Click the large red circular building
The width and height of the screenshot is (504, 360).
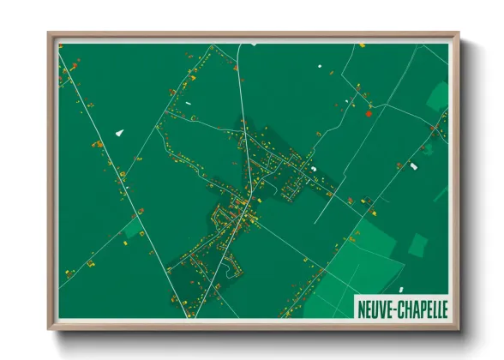pyautogui.click(x=369, y=112)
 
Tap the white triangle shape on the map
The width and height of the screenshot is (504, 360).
pyautogui.click(x=119, y=133)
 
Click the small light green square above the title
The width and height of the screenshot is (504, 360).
pyautogui.click(x=417, y=245)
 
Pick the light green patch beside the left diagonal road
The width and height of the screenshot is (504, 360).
pyautogui.click(x=133, y=228)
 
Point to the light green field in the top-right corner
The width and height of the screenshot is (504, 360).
pyautogui.click(x=437, y=95)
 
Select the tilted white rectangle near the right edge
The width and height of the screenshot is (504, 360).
pyautogui.click(x=413, y=165)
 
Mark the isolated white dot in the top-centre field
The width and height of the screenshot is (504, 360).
pyautogui.click(x=318, y=66)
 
